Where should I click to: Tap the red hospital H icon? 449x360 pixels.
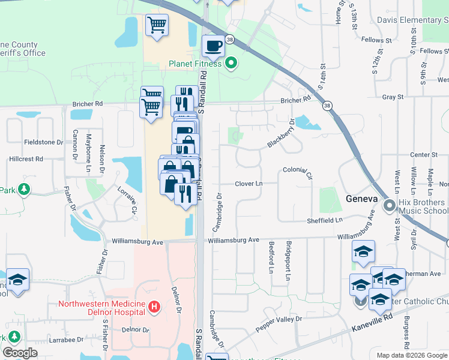point(154,308)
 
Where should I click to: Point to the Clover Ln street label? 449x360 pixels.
point(249,184)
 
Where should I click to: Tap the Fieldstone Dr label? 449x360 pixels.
point(43,142)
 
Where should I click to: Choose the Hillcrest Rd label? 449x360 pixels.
point(26,159)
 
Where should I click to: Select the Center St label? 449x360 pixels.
point(424,155)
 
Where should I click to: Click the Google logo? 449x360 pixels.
point(20,353)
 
